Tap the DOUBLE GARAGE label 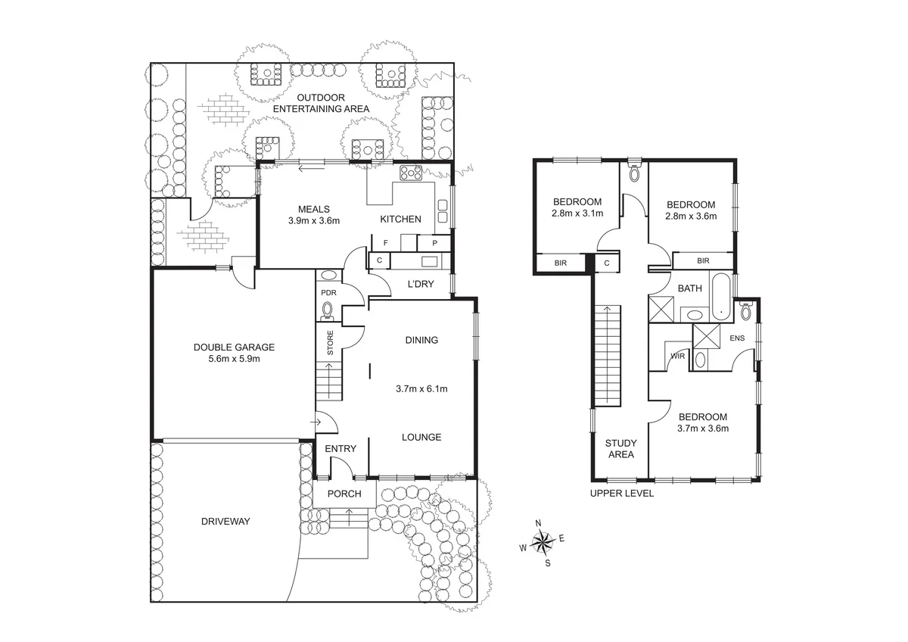(234, 347)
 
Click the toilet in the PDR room (328, 310)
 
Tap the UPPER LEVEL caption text (621, 493)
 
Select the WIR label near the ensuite (678, 356)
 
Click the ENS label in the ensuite (736, 338)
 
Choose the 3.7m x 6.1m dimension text (421, 389)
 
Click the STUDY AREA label (620, 449)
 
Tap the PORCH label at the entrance (340, 494)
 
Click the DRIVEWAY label (225, 521)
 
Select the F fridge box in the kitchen (386, 243)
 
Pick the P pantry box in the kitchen (435, 243)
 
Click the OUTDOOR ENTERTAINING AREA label (321, 103)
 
